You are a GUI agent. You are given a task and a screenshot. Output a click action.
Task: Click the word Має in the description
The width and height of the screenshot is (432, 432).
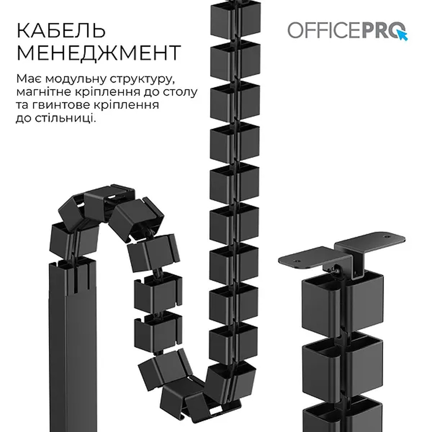(x=30, y=79)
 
